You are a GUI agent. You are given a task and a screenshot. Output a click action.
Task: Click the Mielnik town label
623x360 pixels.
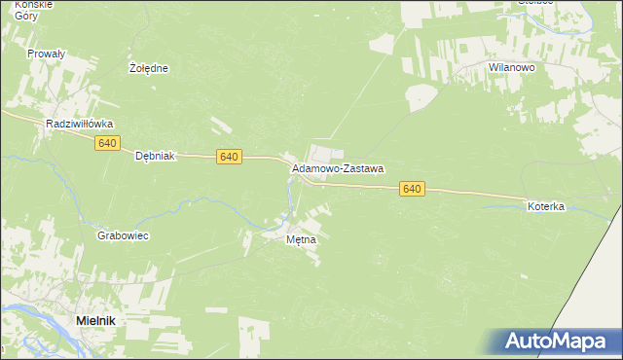(98, 320)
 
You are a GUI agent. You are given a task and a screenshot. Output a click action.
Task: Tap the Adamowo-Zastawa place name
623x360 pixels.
(338, 168)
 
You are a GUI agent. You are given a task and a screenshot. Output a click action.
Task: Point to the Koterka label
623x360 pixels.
(546, 206)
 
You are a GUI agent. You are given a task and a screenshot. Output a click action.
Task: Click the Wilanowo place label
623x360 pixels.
(513, 67)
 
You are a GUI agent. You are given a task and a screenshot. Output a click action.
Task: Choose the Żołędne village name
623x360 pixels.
(150, 68)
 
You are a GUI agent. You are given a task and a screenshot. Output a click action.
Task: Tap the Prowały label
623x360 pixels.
(46, 54)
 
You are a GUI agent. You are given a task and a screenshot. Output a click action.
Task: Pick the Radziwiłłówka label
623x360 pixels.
(81, 125)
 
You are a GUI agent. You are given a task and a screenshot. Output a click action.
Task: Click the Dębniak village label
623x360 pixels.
(154, 156)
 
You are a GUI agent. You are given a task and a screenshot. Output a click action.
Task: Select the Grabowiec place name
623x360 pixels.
(123, 235)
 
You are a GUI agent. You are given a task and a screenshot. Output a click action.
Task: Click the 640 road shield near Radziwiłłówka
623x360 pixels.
(108, 143)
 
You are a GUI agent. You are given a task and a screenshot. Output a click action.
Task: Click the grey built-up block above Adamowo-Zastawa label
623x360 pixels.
(325, 153)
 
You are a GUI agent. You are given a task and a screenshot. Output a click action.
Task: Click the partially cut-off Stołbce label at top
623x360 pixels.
(534, 2)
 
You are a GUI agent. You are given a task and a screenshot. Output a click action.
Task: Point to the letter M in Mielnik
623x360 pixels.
(82, 320)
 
